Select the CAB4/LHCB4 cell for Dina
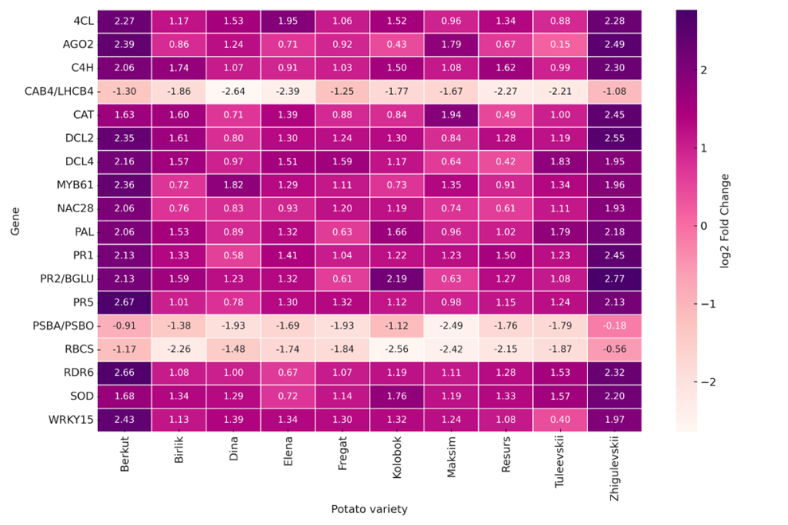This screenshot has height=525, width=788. (233, 91)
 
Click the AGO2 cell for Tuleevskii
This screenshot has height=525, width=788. (560, 44)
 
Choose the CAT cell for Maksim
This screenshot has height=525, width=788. (451, 114)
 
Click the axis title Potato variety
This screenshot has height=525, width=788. (369, 508)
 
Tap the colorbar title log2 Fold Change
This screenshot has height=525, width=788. (724, 220)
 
